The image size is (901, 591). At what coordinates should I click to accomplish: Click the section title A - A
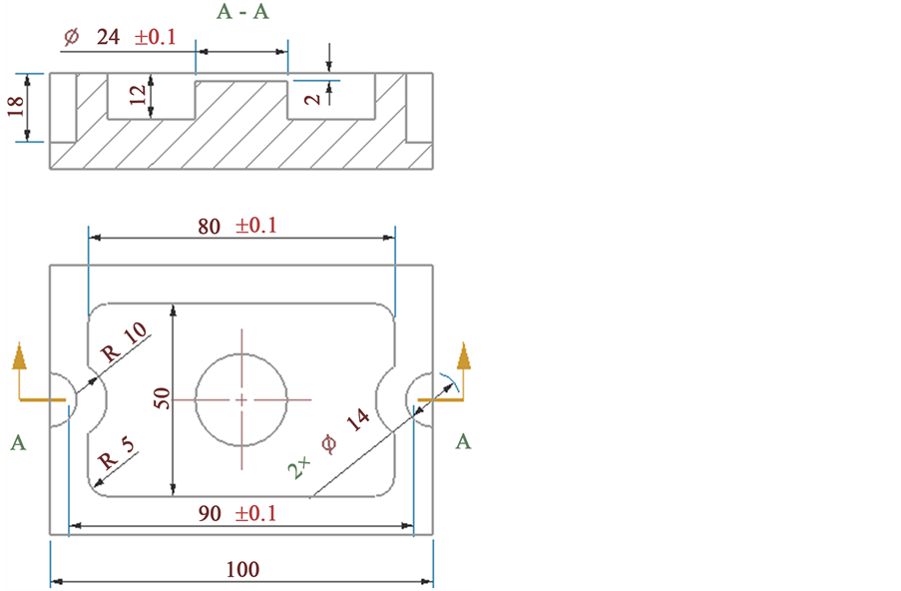[x=242, y=12]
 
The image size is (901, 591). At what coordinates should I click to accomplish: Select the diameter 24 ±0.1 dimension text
[x=119, y=37]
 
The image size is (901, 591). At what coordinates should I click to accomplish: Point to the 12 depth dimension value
[x=138, y=95]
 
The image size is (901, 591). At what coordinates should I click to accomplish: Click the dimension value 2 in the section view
[x=313, y=98]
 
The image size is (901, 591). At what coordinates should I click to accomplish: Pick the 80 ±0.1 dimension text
[x=236, y=226]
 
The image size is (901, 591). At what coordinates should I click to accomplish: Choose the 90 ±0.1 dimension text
[x=236, y=514]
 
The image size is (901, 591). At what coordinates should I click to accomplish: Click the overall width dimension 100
[x=241, y=570]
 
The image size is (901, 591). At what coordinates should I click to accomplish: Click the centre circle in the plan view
[x=241, y=398]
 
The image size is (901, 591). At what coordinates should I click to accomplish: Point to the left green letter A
[x=18, y=442]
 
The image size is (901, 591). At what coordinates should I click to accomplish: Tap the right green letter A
[x=463, y=442]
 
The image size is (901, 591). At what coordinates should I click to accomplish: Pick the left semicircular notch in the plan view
[x=68, y=399]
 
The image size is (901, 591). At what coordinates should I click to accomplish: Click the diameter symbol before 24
[x=71, y=38]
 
